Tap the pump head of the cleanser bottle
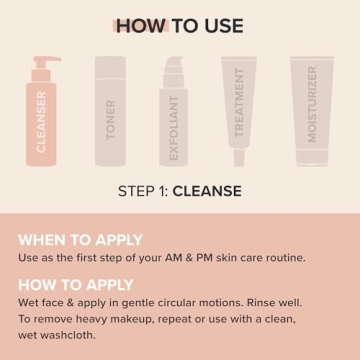[x=46, y=62]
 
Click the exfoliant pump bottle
[x=175, y=115]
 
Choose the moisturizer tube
[x=312, y=108]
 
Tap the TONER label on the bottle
[x=111, y=119]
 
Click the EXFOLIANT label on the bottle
[x=174, y=128]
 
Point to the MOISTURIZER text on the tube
[x=312, y=104]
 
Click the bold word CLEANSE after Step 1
[x=207, y=190]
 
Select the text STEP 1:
[x=143, y=190]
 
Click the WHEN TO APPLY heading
[x=80, y=239]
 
